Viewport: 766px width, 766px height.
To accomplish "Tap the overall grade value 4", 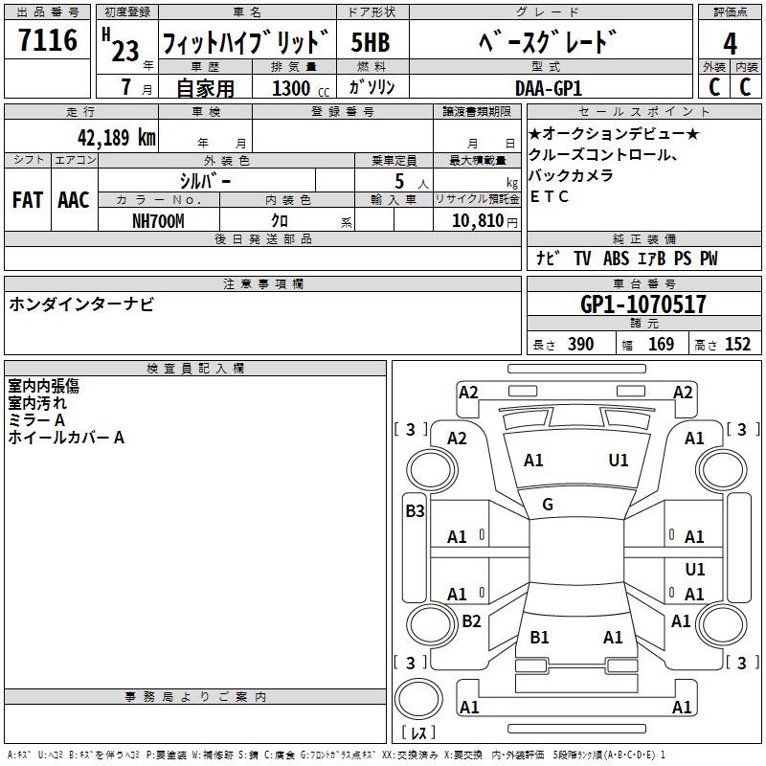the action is pyautogui.click(x=730, y=43).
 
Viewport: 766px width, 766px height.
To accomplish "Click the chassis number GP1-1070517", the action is pyautogui.click(x=643, y=304).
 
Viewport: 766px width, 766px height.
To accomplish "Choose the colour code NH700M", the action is pyautogui.click(x=158, y=220).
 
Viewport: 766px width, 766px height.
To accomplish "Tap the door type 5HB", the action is pyautogui.click(x=371, y=43).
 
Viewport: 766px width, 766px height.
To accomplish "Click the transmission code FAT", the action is pyautogui.click(x=27, y=200).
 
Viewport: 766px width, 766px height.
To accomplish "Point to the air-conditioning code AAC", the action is pyautogui.click(x=73, y=200).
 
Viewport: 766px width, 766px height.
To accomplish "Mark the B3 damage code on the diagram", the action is pyautogui.click(x=415, y=511).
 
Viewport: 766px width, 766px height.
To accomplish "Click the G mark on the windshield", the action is pyautogui.click(x=548, y=505).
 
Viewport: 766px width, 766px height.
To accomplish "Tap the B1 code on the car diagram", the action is pyautogui.click(x=539, y=637).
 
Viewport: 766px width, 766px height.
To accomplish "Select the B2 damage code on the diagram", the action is pyautogui.click(x=471, y=621).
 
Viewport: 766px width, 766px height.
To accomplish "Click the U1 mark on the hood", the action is pyautogui.click(x=619, y=461).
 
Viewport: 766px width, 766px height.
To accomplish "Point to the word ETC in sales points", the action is pyautogui.click(x=550, y=197).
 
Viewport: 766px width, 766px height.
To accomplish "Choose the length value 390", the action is pyautogui.click(x=580, y=345).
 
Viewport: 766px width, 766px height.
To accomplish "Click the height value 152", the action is pyautogui.click(x=737, y=345).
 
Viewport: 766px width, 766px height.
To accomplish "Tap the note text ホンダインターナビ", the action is pyautogui.click(x=80, y=304).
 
